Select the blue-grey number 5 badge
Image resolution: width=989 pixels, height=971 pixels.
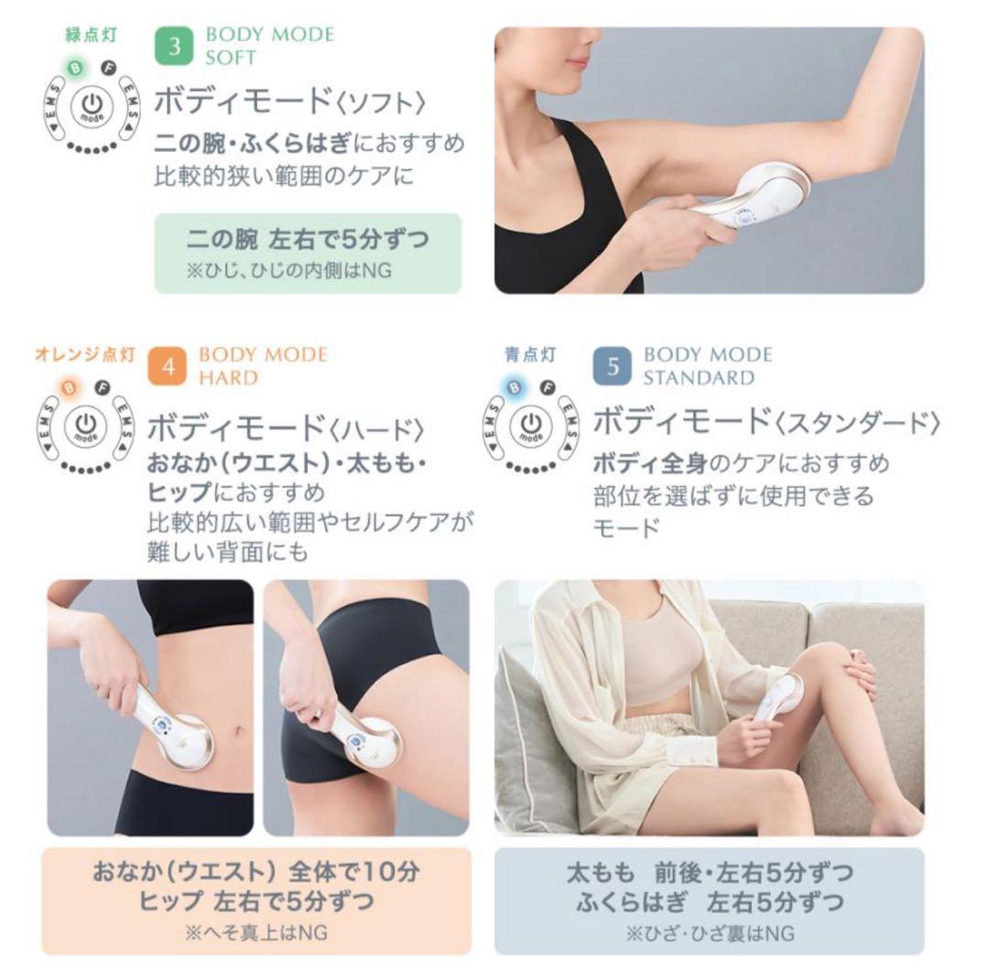pyautogui.click(x=614, y=366)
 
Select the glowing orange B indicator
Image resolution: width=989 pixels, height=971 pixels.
pyautogui.click(x=70, y=387)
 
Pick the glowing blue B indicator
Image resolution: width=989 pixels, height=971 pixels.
pyautogui.click(x=514, y=387)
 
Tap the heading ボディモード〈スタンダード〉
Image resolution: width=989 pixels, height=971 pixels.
pyautogui.click(x=767, y=421)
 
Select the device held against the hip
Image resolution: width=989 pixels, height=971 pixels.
pyautogui.click(x=364, y=739)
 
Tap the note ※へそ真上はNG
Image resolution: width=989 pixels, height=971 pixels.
pyautogui.click(x=256, y=933)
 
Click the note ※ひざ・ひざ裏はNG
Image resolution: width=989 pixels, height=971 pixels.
pyautogui.click(x=709, y=933)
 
